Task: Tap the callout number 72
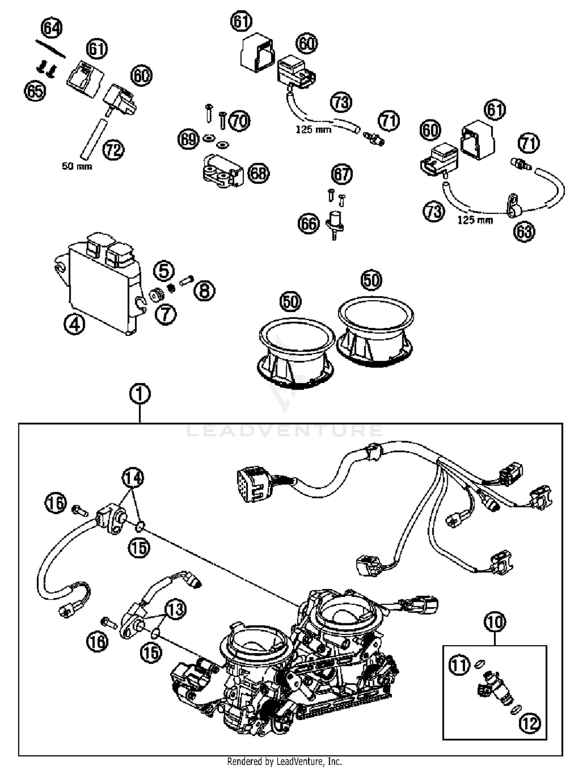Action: coord(114,150)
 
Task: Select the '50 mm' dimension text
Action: coord(77,166)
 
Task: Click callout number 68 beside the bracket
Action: coord(258,173)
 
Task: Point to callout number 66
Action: coord(308,224)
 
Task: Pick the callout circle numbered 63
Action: coord(524,231)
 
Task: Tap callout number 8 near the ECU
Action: coord(204,291)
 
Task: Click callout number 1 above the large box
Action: coord(140,394)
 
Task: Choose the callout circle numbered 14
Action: coord(133,478)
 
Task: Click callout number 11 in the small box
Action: coord(459,665)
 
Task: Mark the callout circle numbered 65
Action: coord(35,92)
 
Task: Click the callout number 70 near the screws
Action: coord(240,121)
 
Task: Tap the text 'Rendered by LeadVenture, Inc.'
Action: coord(285,761)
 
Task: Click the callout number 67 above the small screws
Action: coord(342,174)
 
